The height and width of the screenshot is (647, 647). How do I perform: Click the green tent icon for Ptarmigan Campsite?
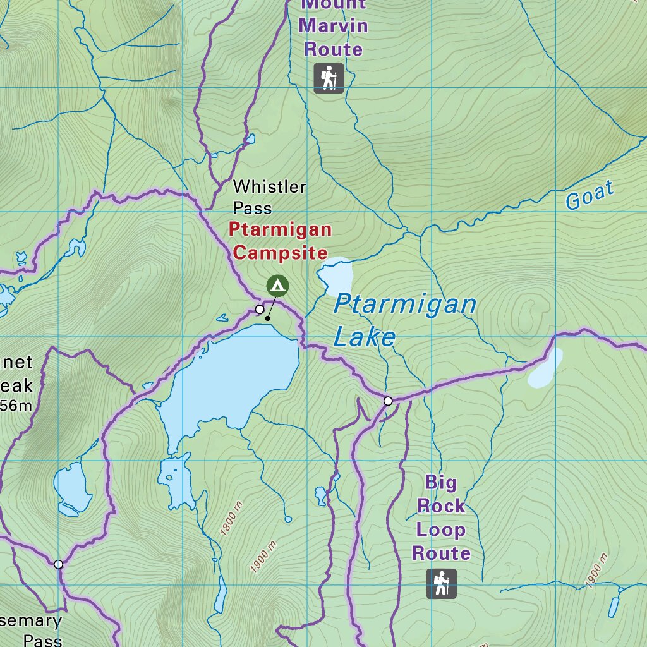click(277, 286)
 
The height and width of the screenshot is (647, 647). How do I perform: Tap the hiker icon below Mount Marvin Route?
click(329, 78)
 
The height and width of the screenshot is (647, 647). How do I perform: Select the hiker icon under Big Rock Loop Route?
click(441, 584)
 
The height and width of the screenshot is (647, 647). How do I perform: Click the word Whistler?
click(270, 187)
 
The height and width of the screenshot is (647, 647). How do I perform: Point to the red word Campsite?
click(280, 253)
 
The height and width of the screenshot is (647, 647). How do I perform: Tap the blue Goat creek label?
click(590, 195)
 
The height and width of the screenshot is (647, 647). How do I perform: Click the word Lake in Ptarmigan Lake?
click(364, 337)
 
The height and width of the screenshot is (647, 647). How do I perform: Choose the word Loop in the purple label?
click(440, 529)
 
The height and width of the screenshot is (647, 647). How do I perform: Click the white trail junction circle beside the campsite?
click(260, 309)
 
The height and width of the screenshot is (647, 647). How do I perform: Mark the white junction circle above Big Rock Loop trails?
click(388, 401)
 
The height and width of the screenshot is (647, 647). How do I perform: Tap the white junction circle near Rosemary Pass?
click(59, 564)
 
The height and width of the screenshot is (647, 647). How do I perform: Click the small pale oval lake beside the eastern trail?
click(545, 368)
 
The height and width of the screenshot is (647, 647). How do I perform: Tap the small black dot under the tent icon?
click(268, 318)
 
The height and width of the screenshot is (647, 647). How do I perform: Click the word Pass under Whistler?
click(253, 208)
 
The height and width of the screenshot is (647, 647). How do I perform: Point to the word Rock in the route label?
click(440, 505)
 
